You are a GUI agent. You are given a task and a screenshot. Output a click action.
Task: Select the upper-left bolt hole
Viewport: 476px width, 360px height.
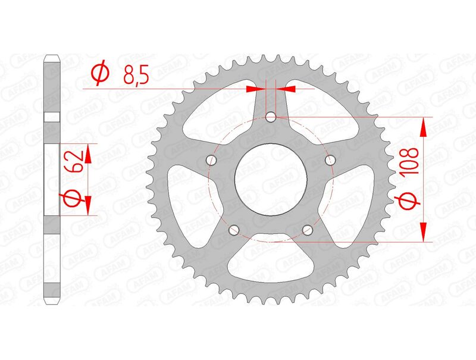pyautogui.click(x=210, y=160)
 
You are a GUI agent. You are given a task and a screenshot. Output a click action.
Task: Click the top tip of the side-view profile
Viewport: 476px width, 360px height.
pyautogui.click(x=52, y=57)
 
